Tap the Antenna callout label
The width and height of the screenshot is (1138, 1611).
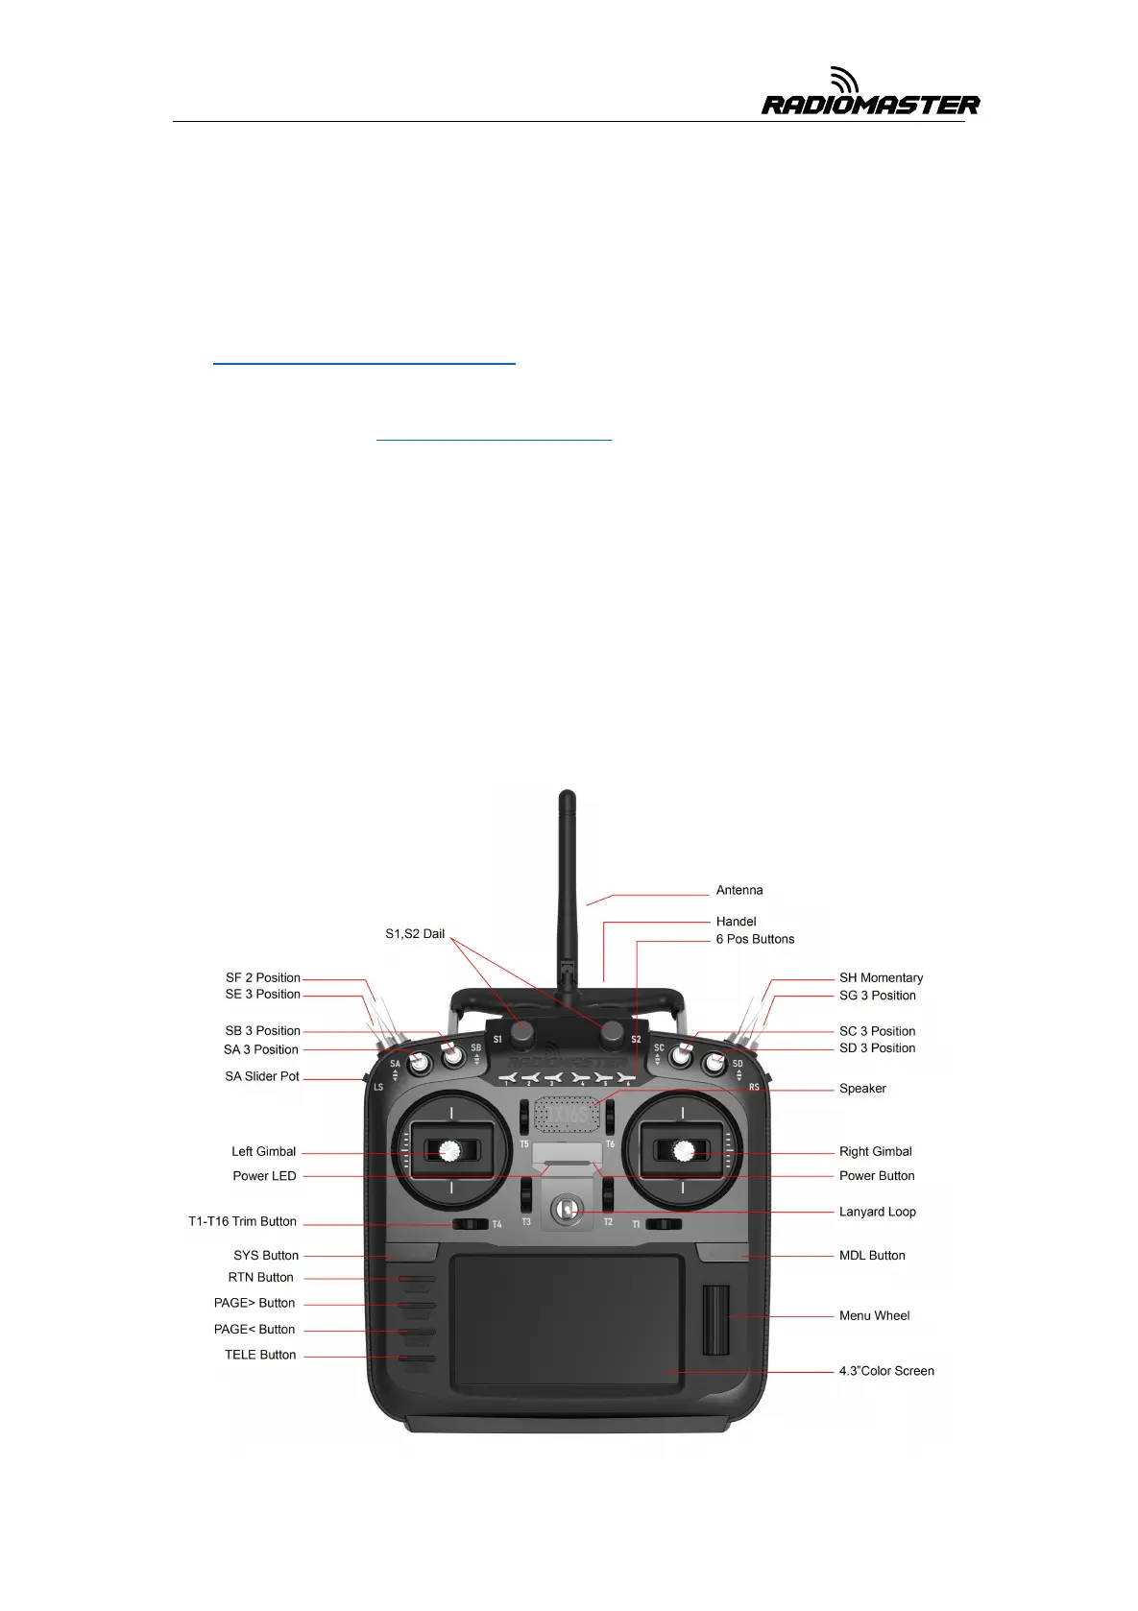click(x=739, y=890)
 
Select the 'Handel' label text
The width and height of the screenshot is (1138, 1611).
click(x=736, y=922)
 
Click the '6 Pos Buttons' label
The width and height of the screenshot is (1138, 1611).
click(x=755, y=939)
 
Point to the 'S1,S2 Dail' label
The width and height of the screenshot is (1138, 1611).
click(x=415, y=933)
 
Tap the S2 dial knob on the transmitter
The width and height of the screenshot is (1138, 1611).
click(x=612, y=1032)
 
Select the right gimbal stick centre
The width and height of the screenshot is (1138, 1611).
click(x=683, y=1149)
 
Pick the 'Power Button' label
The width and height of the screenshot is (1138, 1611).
click(x=877, y=1175)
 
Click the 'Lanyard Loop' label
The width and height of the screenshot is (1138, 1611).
click(x=877, y=1212)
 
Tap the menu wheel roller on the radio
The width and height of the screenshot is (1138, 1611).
click(x=715, y=1319)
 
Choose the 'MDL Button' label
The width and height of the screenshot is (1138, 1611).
click(x=872, y=1255)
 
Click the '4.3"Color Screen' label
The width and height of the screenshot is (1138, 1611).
click(x=886, y=1371)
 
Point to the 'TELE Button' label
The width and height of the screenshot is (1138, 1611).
click(x=260, y=1355)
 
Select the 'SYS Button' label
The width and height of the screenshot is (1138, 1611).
click(x=266, y=1255)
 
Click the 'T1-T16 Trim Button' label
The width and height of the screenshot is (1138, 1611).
click(x=242, y=1221)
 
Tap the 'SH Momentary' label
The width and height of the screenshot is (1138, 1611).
click(x=881, y=977)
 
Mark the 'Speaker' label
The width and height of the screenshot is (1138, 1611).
click(x=862, y=1088)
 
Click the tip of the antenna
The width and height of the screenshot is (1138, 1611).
click(x=568, y=795)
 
